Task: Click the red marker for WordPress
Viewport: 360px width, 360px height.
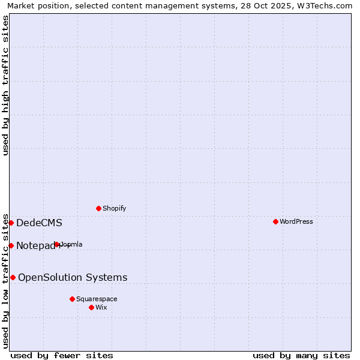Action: pyautogui.click(x=275, y=221)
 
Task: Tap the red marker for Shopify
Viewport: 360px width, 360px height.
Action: pyautogui.click(x=98, y=208)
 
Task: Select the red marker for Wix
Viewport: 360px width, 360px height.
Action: pyautogui.click(x=91, y=307)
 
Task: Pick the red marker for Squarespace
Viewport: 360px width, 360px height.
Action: pyautogui.click(x=72, y=299)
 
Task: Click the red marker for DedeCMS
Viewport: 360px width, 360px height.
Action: pyautogui.click(x=11, y=223)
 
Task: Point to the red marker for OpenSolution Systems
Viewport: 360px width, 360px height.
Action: pyautogui.click(x=13, y=277)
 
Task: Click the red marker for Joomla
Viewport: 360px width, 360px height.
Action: pyautogui.click(x=57, y=244)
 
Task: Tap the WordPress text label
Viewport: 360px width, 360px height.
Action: pyautogui.click(x=296, y=221)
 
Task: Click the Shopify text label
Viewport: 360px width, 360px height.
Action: pyautogui.click(x=114, y=208)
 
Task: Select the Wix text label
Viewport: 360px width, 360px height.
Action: pyautogui.click(x=101, y=307)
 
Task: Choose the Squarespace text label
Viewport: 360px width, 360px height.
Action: pyautogui.click(x=97, y=299)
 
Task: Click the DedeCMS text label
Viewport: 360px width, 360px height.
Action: pyautogui.click(x=39, y=223)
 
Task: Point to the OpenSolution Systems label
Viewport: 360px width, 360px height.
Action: pyautogui.click(x=73, y=277)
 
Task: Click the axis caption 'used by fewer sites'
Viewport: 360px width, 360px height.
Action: pyautogui.click(x=62, y=355)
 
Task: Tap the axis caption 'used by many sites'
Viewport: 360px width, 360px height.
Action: pyautogui.click(x=301, y=355)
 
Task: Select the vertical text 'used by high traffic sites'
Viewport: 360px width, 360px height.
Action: pyautogui.click(x=5, y=85)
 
